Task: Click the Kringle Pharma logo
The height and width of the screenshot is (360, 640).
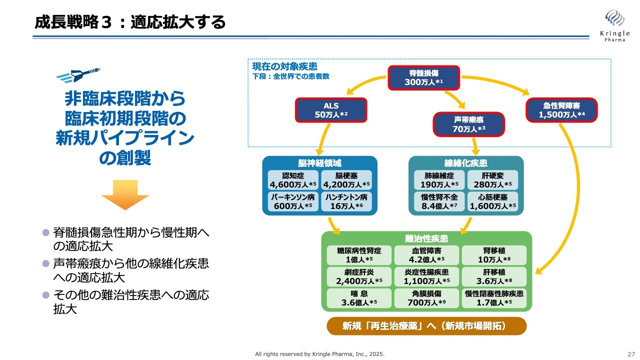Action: tap(614, 25)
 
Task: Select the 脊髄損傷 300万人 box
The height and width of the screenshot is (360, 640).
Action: tap(424, 77)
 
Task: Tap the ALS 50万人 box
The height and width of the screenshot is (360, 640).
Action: tap(330, 110)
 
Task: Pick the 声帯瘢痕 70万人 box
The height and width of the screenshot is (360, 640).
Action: tap(469, 124)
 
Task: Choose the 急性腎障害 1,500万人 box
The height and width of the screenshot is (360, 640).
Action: tap(561, 110)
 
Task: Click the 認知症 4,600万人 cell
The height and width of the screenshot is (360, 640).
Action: tap(293, 180)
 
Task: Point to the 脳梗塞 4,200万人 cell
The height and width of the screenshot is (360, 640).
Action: tap(345, 180)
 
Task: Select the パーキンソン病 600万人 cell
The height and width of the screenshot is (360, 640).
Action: tap(293, 201)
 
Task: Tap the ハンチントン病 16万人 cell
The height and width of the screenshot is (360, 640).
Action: tap(345, 201)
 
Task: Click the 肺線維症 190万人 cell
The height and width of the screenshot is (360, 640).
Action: tap(439, 180)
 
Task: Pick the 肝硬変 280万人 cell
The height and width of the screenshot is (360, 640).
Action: tap(492, 180)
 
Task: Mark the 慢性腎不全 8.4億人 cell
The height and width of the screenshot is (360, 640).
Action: tap(439, 201)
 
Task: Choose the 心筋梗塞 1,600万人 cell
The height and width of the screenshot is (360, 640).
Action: tap(492, 201)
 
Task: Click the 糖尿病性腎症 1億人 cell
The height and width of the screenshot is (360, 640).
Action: tap(359, 255)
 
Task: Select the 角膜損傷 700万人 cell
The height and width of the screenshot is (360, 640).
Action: tap(426, 298)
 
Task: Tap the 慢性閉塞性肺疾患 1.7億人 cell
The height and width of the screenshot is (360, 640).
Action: tap(494, 298)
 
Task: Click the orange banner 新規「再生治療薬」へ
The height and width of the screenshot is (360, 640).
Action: tap(426, 326)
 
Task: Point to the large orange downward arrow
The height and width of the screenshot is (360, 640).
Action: tap(125, 194)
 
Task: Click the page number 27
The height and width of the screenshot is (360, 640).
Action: tap(631, 354)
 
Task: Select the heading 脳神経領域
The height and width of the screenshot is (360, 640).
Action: tap(320, 163)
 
